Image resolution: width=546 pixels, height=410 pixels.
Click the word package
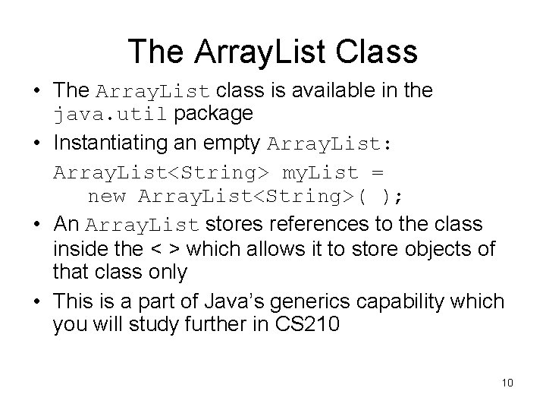(x=214, y=114)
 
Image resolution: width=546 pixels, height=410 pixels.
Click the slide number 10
(x=507, y=382)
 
